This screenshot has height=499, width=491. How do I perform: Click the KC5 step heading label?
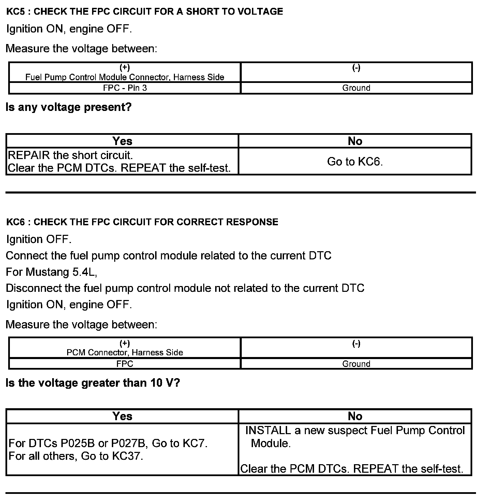(x=145, y=12)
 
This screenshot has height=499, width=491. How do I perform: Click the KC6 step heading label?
(x=142, y=222)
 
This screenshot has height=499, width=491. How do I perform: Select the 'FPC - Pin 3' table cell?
(x=125, y=88)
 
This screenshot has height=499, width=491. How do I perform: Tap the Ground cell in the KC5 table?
(x=356, y=88)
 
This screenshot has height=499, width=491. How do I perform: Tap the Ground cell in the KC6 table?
(x=356, y=364)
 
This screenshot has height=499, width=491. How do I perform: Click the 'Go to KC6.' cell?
(x=355, y=161)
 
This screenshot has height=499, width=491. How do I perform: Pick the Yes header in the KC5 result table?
(x=122, y=141)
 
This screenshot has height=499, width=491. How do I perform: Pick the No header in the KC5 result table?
(x=355, y=141)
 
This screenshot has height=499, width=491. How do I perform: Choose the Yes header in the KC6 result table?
(x=122, y=416)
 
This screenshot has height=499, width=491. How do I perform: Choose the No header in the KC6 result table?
(x=355, y=416)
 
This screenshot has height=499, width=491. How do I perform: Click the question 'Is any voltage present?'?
(x=69, y=108)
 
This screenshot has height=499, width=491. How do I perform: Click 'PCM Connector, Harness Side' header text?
(x=125, y=353)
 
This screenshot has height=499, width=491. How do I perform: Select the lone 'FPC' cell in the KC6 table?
(x=125, y=364)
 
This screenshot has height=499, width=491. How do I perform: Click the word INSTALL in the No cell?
(x=268, y=430)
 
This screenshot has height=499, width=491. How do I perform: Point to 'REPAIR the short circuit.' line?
(x=70, y=155)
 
